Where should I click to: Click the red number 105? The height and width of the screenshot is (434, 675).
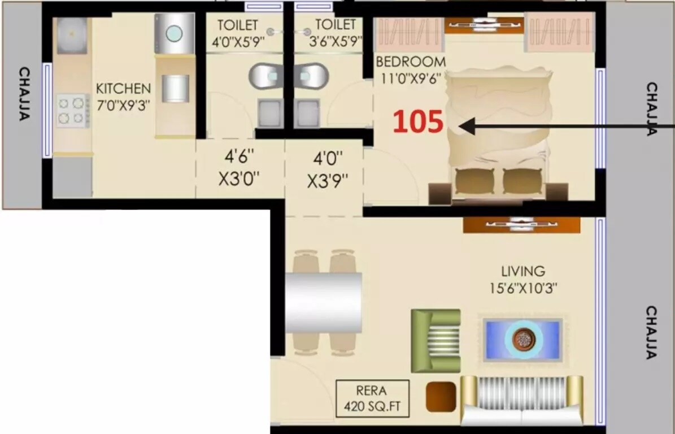click(418, 122)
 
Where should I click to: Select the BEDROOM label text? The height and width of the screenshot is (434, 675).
click(411, 61)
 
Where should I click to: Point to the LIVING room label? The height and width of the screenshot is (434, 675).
click(523, 271)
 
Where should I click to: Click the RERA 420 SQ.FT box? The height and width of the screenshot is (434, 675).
click(372, 398)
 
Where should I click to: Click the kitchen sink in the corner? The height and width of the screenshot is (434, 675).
click(72, 34)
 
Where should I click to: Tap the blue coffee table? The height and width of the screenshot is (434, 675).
click(522, 339)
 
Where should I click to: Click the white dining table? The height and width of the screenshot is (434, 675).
click(323, 303)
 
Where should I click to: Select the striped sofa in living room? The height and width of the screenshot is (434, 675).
click(522, 400)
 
